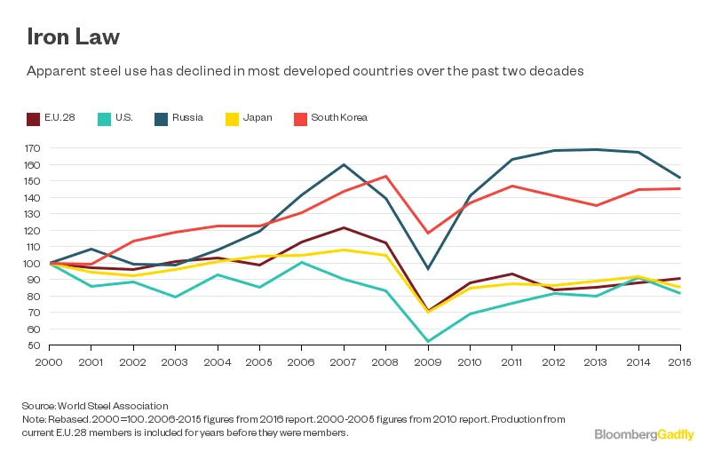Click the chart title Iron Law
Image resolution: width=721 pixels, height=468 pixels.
click(72, 37)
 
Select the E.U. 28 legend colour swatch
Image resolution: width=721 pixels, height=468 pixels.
click(33, 118)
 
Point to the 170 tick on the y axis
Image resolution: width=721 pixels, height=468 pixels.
click(35, 148)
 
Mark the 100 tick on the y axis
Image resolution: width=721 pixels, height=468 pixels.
click(35, 263)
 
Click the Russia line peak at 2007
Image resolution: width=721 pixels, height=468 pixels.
click(344, 164)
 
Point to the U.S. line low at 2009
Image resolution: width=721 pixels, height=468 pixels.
click(428, 341)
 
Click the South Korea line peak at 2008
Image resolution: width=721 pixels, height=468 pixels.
click(385, 176)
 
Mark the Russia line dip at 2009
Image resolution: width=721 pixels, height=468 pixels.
click(428, 268)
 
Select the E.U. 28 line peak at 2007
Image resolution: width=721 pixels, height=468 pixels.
click(344, 227)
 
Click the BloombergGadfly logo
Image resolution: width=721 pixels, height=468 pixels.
click(644, 433)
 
